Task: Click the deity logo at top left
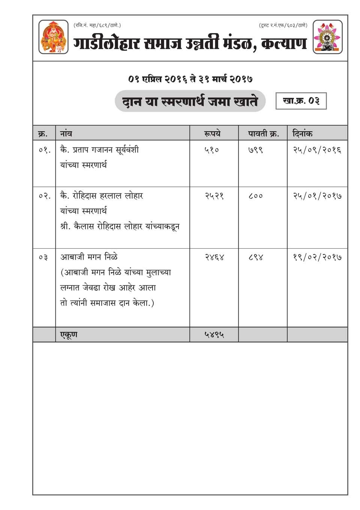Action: (x=54, y=37)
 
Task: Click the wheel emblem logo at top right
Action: (x=328, y=37)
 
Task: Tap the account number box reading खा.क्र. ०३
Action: (x=301, y=101)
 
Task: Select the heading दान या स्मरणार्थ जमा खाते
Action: (x=190, y=101)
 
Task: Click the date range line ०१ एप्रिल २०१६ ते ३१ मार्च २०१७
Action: (x=190, y=79)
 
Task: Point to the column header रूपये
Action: (x=212, y=133)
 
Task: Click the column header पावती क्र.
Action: (x=263, y=133)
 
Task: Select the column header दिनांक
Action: (x=302, y=133)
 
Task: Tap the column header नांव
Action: (x=66, y=133)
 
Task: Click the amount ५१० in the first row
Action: (x=211, y=150)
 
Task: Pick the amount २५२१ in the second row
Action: (x=214, y=196)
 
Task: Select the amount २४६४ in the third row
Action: (x=214, y=257)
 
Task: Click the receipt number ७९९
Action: (x=255, y=150)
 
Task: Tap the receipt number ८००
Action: (x=255, y=196)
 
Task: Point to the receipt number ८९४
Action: (x=255, y=257)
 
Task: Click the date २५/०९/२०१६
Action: (x=317, y=150)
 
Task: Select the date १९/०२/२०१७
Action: (x=317, y=257)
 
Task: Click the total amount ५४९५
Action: (x=214, y=334)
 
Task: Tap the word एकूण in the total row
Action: (x=69, y=334)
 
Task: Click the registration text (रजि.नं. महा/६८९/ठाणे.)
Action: (x=97, y=25)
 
